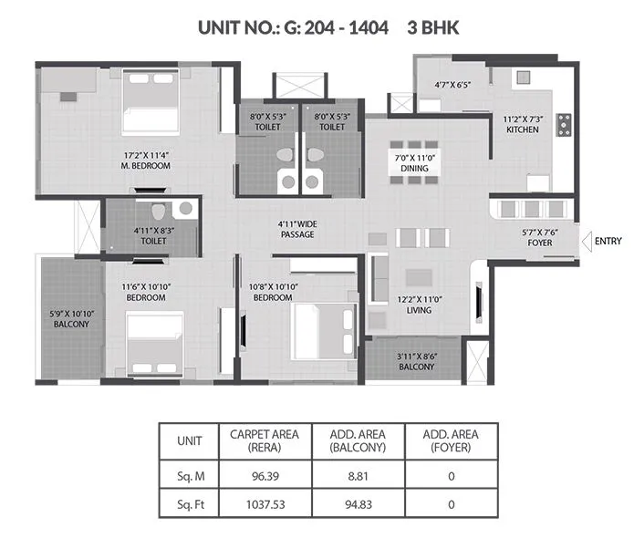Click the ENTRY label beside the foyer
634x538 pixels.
click(608, 241)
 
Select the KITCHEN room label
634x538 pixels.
click(523, 124)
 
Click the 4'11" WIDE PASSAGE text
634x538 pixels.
click(297, 229)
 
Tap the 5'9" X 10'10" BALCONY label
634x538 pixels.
click(69, 318)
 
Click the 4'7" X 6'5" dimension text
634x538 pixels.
click(452, 86)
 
